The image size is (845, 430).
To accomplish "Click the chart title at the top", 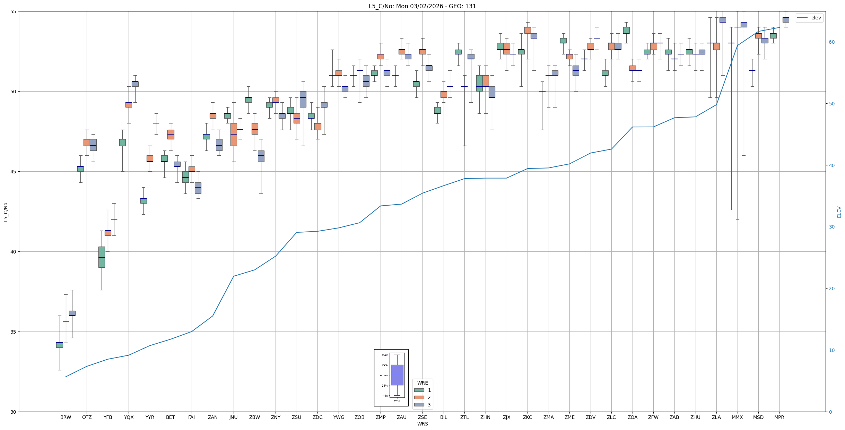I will pos(422,6).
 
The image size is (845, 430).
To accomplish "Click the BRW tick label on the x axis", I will pos(66,417).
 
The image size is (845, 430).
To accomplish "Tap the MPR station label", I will pos(779,417).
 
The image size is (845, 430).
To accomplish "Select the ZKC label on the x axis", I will pos(527,417).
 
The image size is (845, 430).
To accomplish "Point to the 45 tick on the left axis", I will pos(14,172).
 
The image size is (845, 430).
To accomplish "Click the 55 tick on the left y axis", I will pos(14,11).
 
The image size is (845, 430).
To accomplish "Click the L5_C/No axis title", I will pos(6,212).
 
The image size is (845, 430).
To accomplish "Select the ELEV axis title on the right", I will pos(839,212).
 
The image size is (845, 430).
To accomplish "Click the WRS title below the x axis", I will pos(422,424).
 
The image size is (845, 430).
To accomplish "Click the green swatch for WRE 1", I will pos(419,390).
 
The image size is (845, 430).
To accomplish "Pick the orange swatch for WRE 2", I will pos(419,397).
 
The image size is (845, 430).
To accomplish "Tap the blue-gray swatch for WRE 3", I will pos(419,405).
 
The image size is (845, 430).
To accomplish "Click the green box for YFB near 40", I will pos(102,257).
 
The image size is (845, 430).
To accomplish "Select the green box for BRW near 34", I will pos(59,345).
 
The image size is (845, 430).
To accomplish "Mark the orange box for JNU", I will pos(234,135).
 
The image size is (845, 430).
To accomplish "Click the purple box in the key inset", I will pos(397,375).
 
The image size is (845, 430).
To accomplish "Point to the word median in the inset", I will pos(383,376).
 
